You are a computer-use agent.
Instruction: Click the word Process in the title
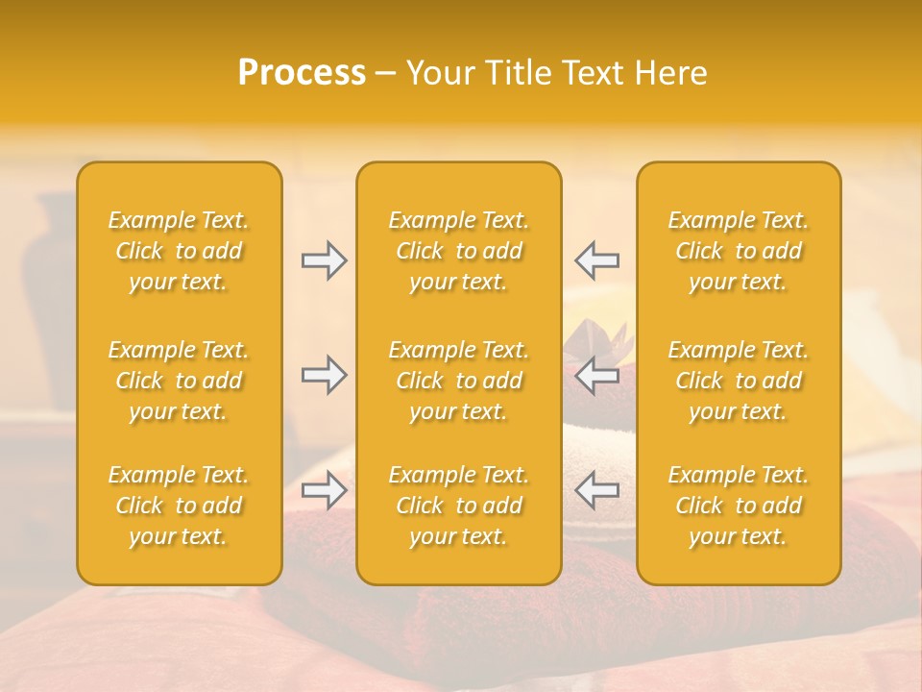point(302,73)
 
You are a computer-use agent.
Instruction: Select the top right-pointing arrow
point(324,260)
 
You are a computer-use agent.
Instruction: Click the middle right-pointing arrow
point(324,375)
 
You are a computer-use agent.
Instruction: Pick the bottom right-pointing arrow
point(324,490)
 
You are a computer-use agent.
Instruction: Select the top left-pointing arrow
point(597,260)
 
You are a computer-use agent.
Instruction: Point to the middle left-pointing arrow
point(597,375)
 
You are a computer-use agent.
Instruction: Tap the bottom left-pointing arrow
point(597,490)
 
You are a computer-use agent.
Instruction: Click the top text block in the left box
point(179,251)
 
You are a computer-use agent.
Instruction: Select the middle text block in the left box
point(179,381)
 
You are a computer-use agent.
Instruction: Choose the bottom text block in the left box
point(179,506)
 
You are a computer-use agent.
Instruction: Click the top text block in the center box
point(458,251)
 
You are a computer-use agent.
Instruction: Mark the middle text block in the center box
point(458,381)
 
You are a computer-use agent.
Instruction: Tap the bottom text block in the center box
point(458,506)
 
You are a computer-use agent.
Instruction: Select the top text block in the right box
point(738,251)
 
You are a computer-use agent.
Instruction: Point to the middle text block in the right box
point(738,381)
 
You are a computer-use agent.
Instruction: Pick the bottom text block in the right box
point(738,506)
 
